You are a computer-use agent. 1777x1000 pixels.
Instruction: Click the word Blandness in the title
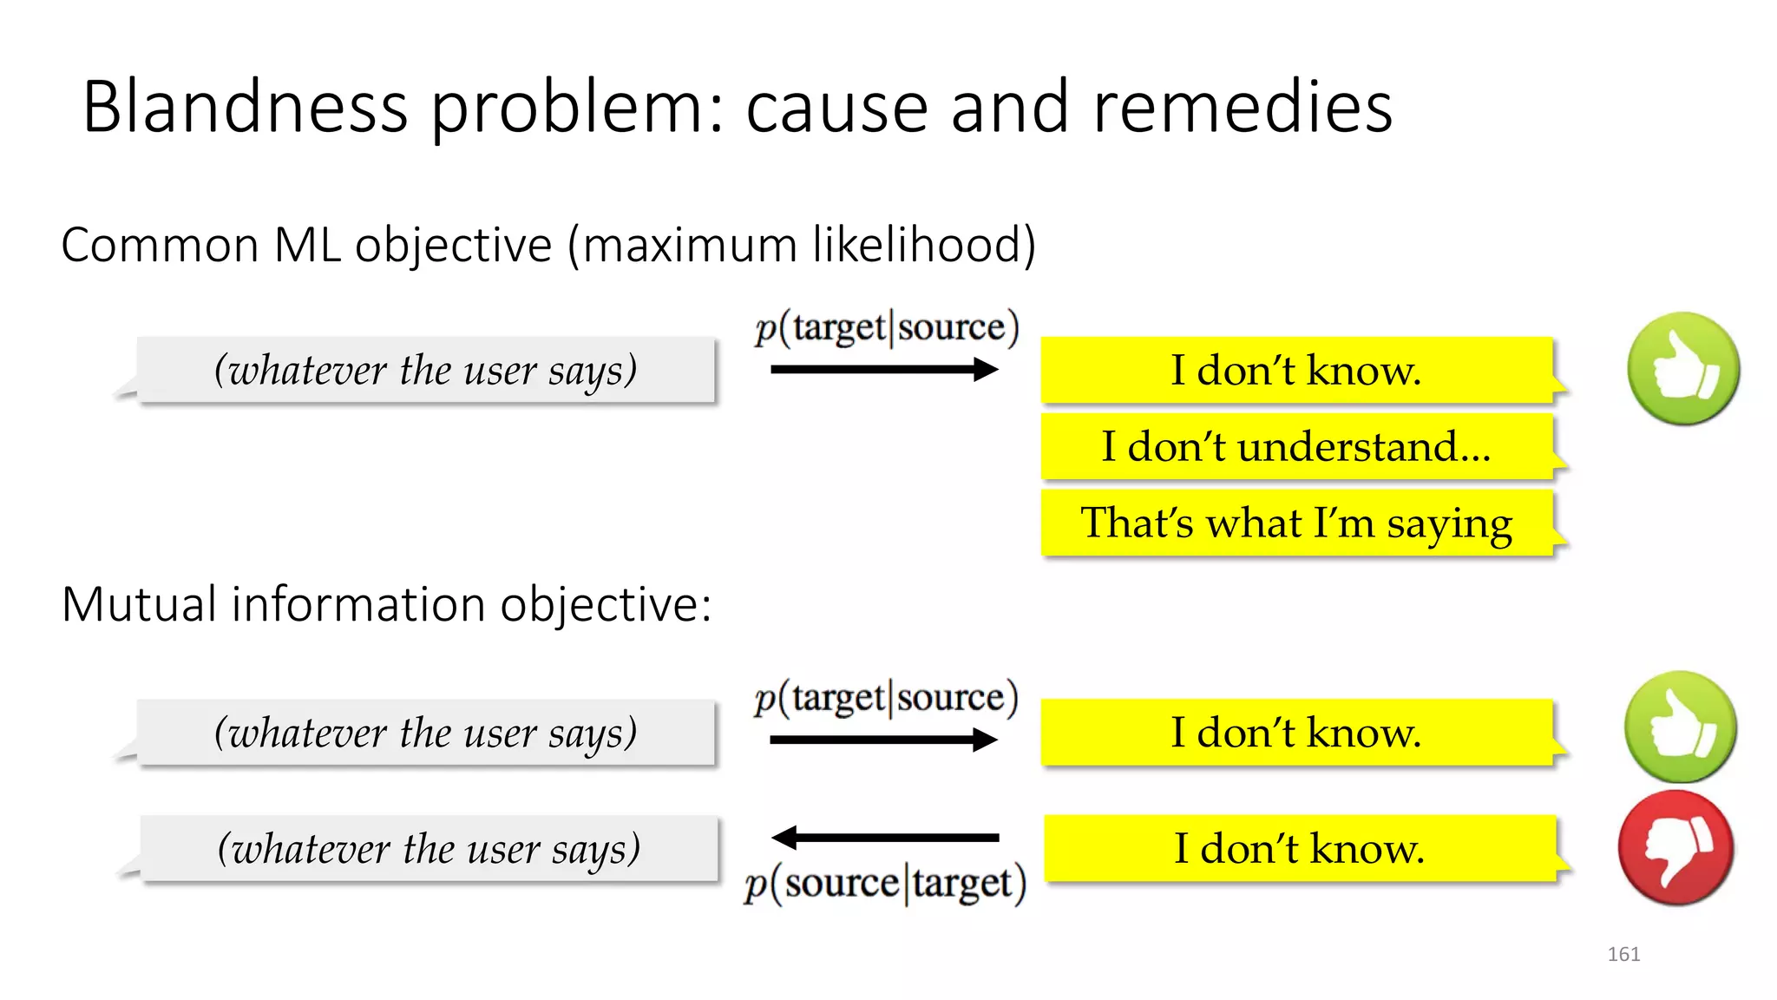click(245, 107)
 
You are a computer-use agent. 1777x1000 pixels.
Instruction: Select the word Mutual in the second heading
click(139, 604)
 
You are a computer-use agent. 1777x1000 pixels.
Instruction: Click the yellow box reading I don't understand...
click(1296, 447)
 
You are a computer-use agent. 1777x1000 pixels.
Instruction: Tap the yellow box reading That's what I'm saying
click(1296, 523)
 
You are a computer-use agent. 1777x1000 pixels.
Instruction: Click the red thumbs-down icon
click(1675, 848)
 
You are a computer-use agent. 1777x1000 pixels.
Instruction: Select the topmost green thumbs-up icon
click(1682, 369)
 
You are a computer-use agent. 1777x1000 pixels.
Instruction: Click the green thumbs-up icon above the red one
click(1681, 727)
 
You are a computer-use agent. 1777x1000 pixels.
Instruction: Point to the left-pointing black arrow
click(884, 838)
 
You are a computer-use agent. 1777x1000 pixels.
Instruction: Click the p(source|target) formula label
click(885, 884)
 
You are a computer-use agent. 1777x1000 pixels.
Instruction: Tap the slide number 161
click(1623, 954)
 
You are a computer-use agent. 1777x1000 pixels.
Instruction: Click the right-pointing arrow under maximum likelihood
click(884, 370)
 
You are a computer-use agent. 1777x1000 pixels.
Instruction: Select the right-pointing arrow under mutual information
click(883, 740)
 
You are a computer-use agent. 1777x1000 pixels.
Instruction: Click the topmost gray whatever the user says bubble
click(426, 371)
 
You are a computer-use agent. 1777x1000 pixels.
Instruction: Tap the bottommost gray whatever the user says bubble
click(429, 849)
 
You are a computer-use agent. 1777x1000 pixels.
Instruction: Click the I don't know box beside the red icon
click(1299, 848)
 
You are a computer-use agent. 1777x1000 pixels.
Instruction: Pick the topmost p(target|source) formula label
click(886, 327)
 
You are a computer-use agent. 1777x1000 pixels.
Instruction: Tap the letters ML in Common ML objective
click(307, 245)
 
